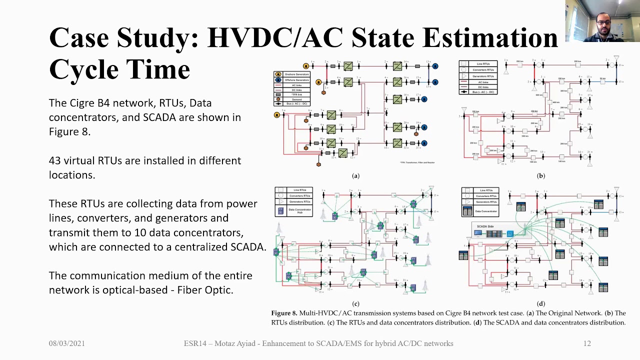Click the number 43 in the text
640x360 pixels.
tap(55, 161)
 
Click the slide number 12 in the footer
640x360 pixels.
tap(587, 343)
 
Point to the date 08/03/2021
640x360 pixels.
tap(66, 343)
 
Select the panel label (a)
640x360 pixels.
tap(355, 176)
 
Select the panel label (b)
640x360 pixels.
tap(540, 176)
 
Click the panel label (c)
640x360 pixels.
tap(355, 303)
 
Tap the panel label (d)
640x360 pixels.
tap(540, 303)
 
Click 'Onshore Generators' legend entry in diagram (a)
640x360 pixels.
tap(296, 74)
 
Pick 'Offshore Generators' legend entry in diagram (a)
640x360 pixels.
tap(296, 80)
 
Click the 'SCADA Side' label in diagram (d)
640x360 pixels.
tap(485, 226)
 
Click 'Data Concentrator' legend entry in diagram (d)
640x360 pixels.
tap(485, 211)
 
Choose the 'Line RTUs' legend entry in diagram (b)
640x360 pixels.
tap(483, 64)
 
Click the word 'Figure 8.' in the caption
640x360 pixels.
tap(284, 313)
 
